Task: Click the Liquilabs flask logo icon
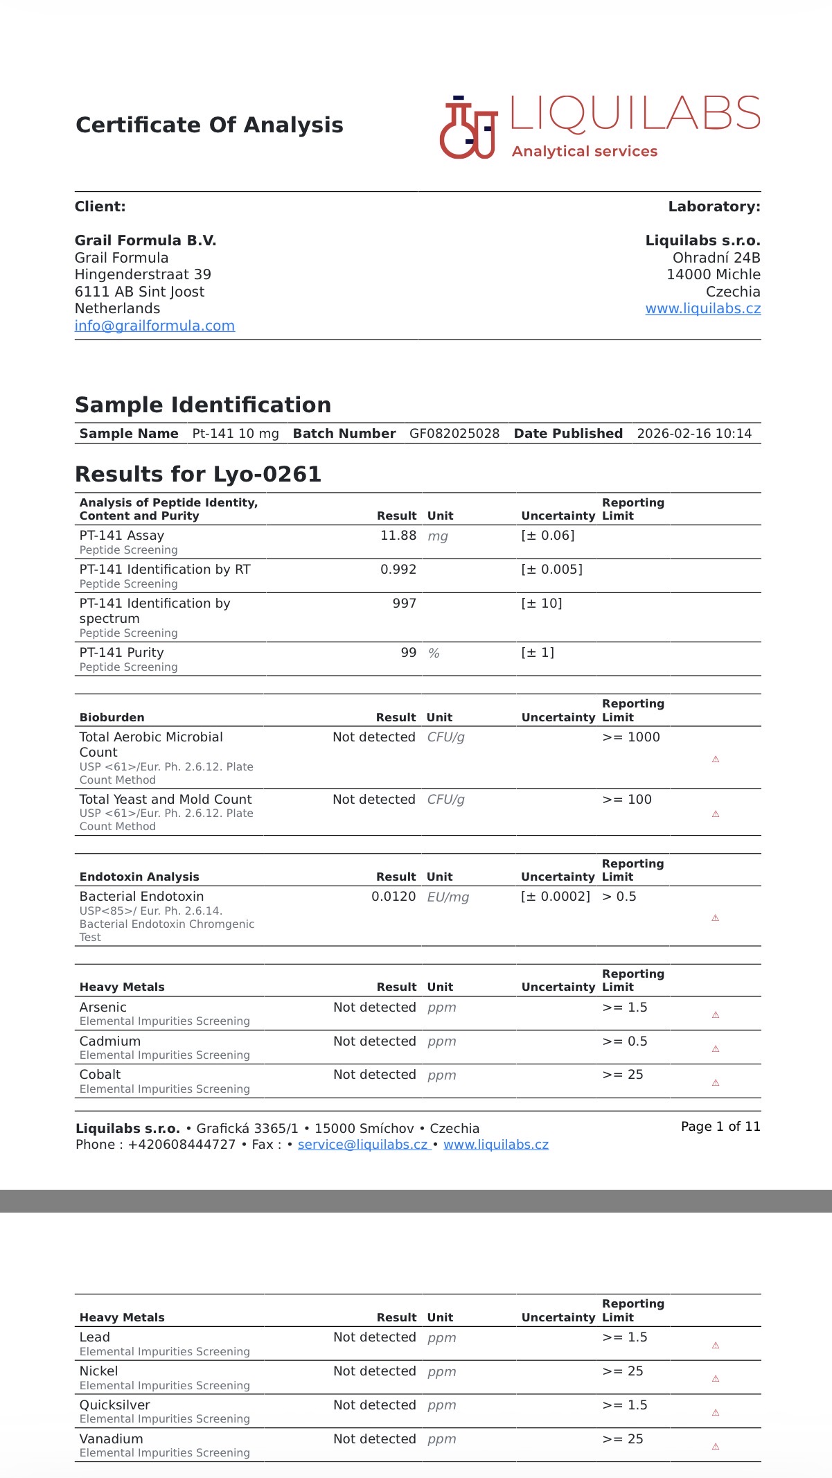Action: [x=468, y=128]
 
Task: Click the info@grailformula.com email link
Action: [x=154, y=326]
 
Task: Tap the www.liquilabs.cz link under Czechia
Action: [x=702, y=309]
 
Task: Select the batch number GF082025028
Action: [x=454, y=434]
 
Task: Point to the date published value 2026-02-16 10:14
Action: [x=693, y=434]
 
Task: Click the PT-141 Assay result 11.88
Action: [x=398, y=536]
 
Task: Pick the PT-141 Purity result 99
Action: [x=409, y=653]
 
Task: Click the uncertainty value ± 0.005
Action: [x=551, y=570]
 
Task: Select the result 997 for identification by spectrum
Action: [x=405, y=604]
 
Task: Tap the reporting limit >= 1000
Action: [x=631, y=737]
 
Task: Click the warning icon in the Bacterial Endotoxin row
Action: [x=716, y=918]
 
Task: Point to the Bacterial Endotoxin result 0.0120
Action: [x=393, y=897]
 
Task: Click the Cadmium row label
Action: [x=110, y=1041]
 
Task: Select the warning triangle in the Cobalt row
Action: [x=716, y=1083]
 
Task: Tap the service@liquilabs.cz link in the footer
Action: [x=362, y=1145]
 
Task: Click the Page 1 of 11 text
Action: [x=720, y=1127]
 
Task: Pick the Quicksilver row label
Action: [x=115, y=1405]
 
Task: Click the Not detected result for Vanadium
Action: [x=375, y=1439]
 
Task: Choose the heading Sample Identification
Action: [x=203, y=405]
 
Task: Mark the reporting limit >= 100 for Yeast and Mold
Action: [x=627, y=800]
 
